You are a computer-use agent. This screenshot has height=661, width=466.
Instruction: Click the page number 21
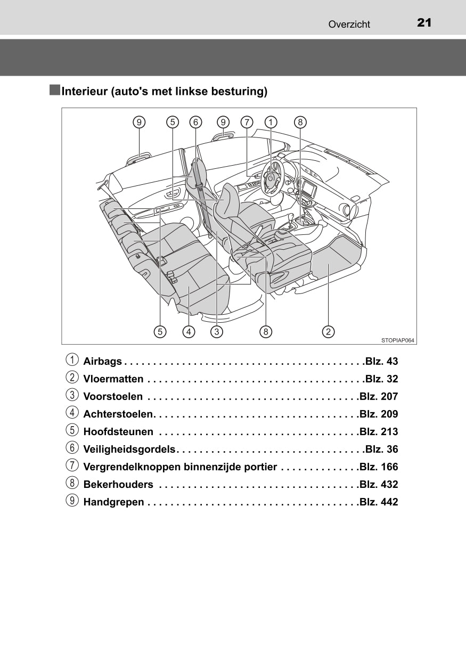(424, 22)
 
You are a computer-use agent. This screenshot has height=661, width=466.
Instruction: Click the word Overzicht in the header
(349, 24)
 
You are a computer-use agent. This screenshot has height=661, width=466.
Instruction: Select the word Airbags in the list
(103, 362)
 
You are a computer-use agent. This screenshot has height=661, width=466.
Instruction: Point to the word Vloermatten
(113, 379)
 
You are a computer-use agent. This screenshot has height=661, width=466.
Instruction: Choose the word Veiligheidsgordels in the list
(129, 450)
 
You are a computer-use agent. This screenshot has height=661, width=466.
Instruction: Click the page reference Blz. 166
(379, 467)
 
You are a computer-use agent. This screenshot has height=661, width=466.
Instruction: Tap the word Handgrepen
(113, 502)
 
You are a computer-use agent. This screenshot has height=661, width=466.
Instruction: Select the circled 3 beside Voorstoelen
(71, 396)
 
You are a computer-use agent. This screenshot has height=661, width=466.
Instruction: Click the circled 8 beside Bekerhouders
(71, 484)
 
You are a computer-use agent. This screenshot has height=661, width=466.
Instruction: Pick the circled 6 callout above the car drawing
(195, 122)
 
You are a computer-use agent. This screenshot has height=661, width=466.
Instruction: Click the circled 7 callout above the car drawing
(247, 122)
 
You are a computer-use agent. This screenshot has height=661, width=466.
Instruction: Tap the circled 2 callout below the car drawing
(329, 332)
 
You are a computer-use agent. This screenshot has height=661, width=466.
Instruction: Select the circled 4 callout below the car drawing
(189, 332)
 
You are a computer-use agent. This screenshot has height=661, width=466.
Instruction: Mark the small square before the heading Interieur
(55, 90)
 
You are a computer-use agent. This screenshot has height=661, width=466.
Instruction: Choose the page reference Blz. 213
(379, 432)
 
